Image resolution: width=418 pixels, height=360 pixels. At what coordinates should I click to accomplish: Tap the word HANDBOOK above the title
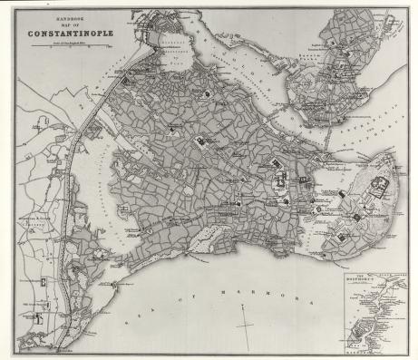(x=63, y=16)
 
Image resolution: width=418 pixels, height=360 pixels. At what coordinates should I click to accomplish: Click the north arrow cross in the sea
(x=246, y=320)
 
